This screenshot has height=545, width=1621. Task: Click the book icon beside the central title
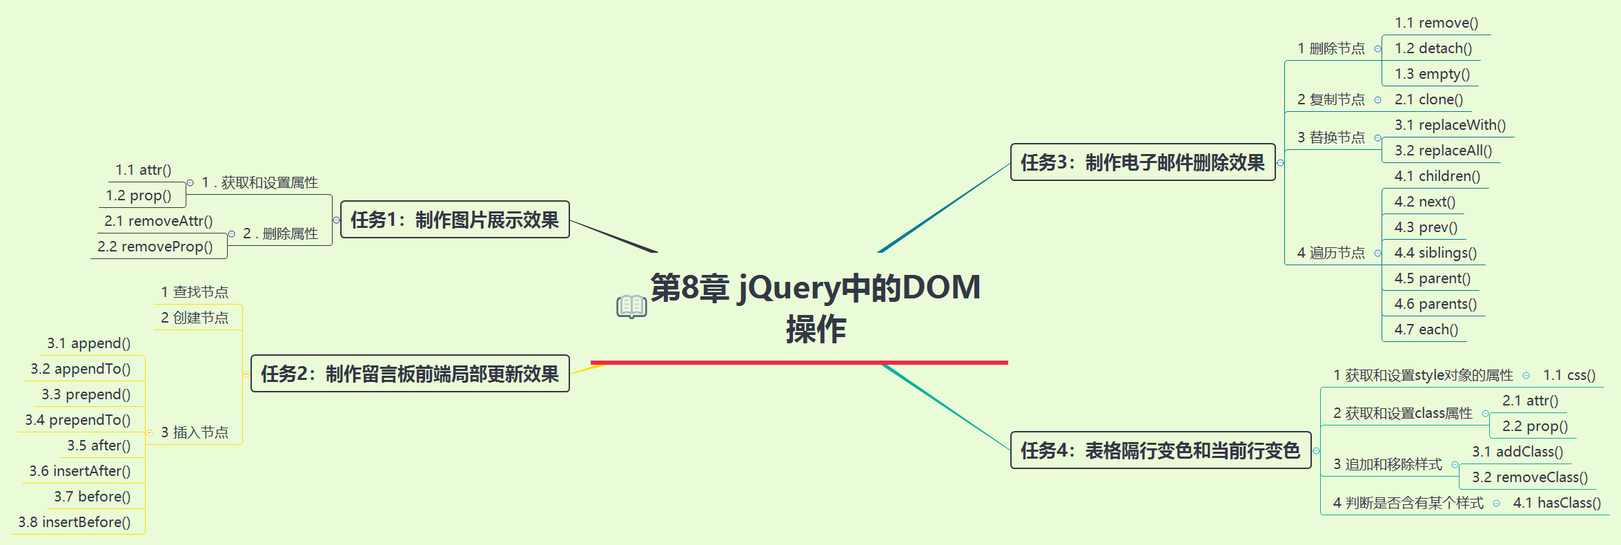631,306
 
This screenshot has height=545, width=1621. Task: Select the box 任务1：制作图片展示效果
455,220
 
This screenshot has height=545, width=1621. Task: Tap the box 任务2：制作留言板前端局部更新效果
410,374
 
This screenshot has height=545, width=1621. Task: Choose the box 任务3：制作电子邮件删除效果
1142,162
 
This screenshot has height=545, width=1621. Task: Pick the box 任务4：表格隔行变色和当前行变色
1160,450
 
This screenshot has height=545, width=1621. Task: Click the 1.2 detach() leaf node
1433,48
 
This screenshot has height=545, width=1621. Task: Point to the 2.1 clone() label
1428,99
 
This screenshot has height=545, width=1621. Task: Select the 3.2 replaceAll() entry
1442,151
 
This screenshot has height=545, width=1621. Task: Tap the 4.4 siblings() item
1435,253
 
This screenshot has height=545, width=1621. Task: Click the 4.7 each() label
1426,329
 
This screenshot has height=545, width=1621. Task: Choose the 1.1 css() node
1569,375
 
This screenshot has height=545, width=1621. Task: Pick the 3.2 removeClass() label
1529,477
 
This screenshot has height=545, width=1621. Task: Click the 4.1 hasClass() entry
1556,503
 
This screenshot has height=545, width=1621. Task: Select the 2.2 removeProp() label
155,247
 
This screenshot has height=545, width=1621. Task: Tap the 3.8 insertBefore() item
75,522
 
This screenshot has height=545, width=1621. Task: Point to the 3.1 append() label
88,343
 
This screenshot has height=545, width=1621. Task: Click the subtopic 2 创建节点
195,318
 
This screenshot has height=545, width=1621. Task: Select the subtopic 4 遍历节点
1330,253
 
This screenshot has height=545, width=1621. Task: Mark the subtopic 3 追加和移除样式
1387,464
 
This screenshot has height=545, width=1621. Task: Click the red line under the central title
799,362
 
